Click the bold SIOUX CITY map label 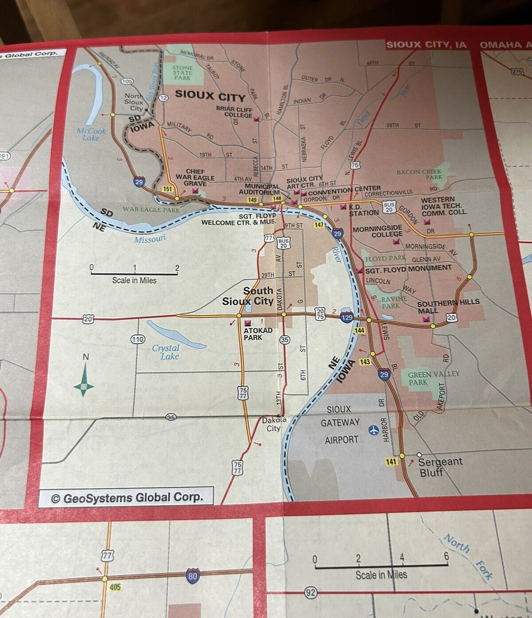(210, 96)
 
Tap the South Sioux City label (248, 296)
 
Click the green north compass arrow (84, 380)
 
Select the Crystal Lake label (166, 352)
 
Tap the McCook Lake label (92, 134)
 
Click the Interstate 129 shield (347, 317)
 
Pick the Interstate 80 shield (192, 575)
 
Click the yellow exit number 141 (391, 462)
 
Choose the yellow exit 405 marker (115, 587)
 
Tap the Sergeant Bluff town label (440, 467)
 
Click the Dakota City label (274, 424)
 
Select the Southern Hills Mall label (448, 305)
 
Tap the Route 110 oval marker (138, 340)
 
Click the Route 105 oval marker (127, 81)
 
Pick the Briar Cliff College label (235, 112)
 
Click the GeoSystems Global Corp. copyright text (127, 498)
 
